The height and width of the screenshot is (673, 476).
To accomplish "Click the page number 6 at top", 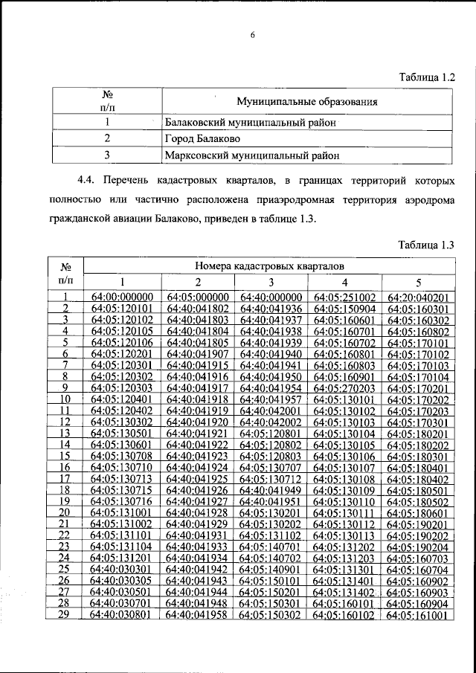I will pos(252,35).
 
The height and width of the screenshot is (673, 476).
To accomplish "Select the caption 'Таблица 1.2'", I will pos(426,77).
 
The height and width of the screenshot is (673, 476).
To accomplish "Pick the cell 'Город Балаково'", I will pos(202,138).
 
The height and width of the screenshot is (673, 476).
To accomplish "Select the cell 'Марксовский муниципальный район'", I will pos(252,155).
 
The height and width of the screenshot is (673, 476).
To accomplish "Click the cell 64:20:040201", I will pos(419,297).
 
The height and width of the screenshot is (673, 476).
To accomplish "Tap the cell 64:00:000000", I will pos(122,297).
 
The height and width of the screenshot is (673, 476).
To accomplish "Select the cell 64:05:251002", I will pos(344,297).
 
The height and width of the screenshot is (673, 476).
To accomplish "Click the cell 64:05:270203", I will pos(344,387).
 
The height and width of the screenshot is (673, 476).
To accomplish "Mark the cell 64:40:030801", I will pos(122,615).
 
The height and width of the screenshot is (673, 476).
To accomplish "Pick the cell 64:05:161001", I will pos(419,615).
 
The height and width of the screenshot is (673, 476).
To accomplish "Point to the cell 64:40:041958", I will pos(197,615).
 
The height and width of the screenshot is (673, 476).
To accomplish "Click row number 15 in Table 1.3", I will pos(64,455).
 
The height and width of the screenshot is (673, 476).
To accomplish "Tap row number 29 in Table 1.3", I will pos(64,615).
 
